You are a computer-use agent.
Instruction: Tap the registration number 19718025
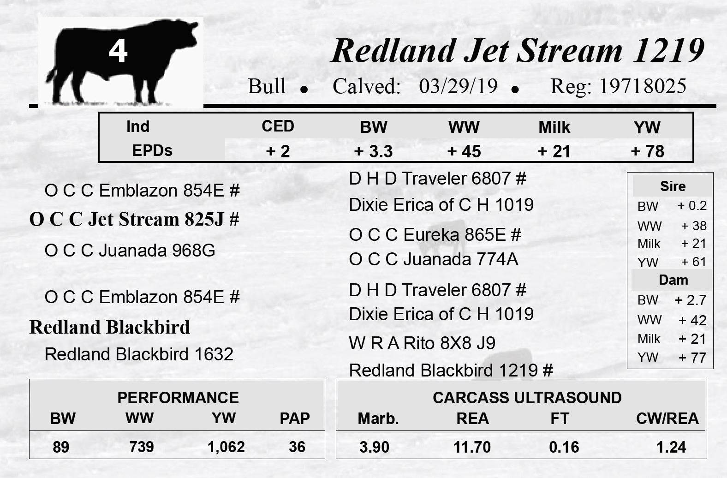(643, 86)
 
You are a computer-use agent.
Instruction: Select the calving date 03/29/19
(458, 86)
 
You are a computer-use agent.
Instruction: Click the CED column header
(278, 126)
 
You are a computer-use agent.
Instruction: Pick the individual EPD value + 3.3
(374, 151)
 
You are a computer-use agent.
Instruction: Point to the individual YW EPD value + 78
(648, 151)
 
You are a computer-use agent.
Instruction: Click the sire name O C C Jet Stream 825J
(134, 219)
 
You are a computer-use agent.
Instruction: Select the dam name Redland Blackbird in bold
(110, 327)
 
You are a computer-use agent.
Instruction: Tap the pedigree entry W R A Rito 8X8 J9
(422, 343)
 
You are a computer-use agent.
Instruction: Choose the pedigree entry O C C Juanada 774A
(434, 259)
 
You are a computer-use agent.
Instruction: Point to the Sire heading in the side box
(673, 186)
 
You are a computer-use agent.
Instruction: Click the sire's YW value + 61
(694, 262)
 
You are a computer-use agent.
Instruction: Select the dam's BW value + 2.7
(690, 300)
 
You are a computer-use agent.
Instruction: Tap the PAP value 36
(297, 447)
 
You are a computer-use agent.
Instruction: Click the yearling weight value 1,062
(226, 447)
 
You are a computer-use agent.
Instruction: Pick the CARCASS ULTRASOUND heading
(527, 398)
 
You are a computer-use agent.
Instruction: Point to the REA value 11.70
(472, 447)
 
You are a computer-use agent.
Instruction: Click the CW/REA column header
(667, 418)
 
